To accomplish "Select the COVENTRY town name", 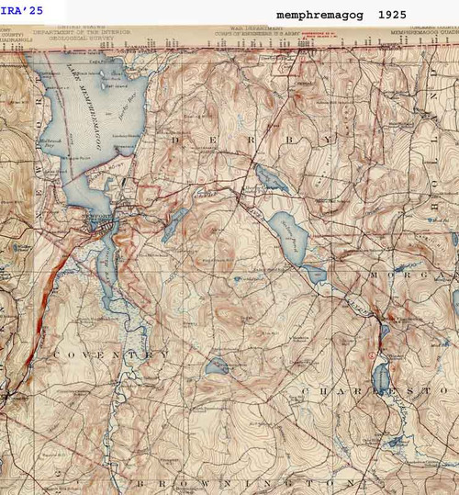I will click(110, 354).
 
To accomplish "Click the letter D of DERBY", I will click(178, 140).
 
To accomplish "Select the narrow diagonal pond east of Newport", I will click(174, 225).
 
